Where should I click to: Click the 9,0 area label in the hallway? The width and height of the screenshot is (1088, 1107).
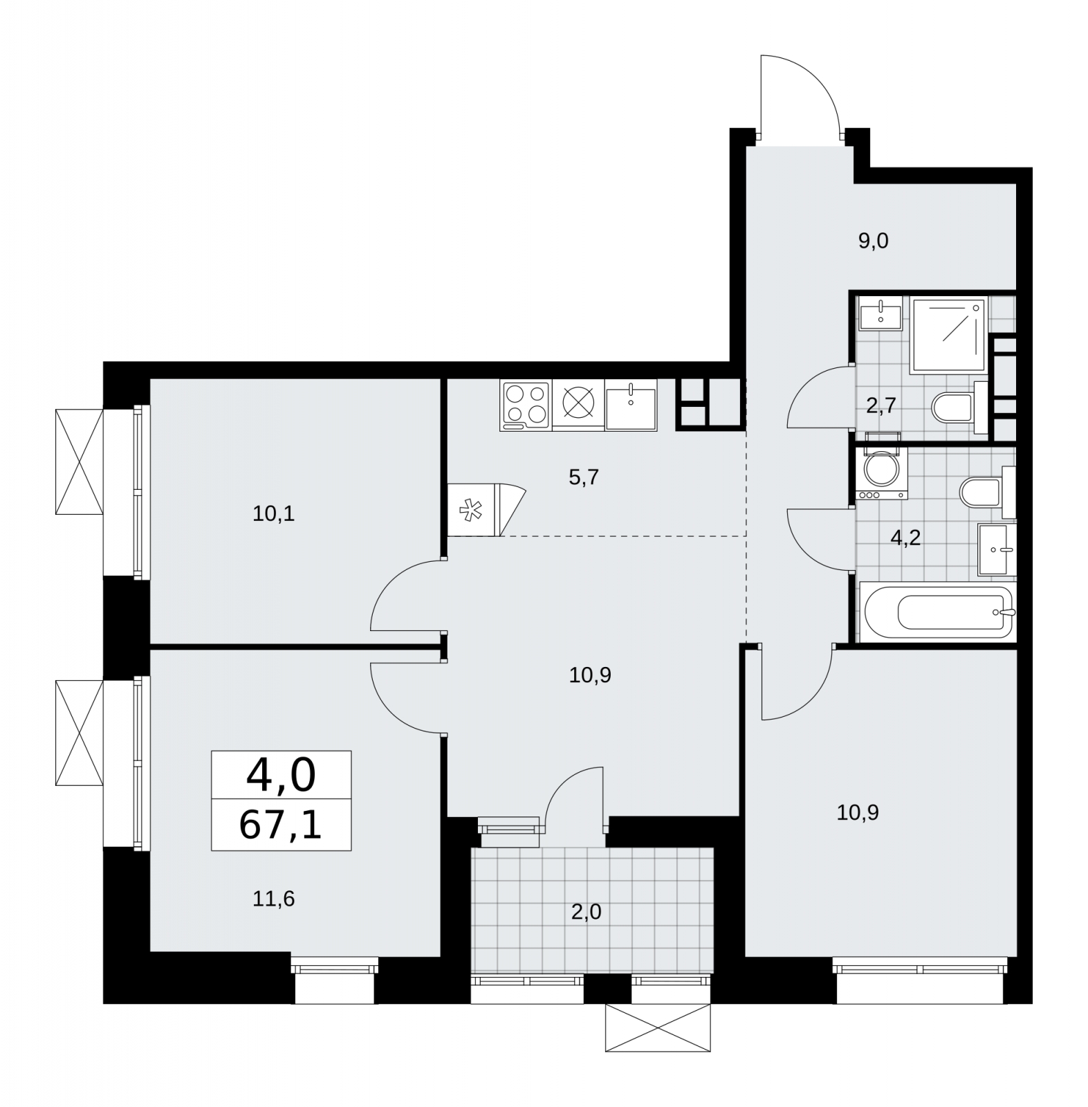[873, 241]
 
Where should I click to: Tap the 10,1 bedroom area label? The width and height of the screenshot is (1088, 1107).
[274, 514]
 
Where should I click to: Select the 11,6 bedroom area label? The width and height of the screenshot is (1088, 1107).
[274, 899]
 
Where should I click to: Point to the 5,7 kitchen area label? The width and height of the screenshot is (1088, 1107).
[583, 477]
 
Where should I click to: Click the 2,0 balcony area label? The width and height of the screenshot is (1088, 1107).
[587, 913]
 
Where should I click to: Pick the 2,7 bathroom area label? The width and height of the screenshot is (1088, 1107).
[881, 405]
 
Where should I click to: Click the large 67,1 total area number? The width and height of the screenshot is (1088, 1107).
[281, 824]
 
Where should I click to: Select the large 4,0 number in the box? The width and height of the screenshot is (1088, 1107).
[281, 775]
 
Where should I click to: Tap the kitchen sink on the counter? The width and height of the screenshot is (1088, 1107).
[631, 406]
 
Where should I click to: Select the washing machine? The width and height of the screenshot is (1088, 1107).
[880, 474]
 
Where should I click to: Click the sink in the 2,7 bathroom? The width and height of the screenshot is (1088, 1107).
[880, 314]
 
